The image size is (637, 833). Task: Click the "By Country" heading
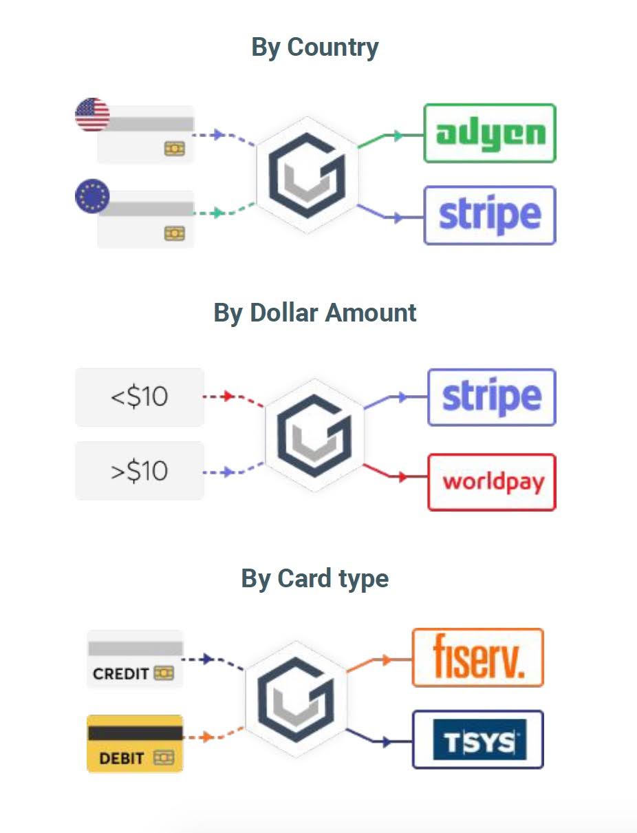click(x=315, y=48)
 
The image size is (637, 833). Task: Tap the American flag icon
click(x=92, y=114)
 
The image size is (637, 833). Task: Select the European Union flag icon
click(x=92, y=196)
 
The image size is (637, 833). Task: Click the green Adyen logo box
click(x=489, y=134)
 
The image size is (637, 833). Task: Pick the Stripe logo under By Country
click(x=489, y=215)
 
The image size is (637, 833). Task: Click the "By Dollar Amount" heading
click(x=315, y=313)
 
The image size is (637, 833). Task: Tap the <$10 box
click(x=139, y=397)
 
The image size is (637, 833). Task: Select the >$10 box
click(x=139, y=471)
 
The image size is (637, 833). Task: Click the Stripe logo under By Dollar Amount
click(x=491, y=397)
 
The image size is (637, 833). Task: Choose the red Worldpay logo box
click(x=491, y=482)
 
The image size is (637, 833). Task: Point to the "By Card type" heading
click(x=315, y=578)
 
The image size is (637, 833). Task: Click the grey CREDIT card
click(x=135, y=659)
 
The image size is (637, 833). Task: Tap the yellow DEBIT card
click(x=135, y=744)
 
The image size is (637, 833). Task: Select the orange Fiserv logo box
click(x=477, y=657)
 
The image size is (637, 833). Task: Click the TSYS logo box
click(x=477, y=740)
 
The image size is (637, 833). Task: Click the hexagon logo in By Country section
click(x=307, y=176)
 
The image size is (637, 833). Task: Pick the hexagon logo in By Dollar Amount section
click(x=314, y=436)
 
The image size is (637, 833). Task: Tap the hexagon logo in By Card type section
click(x=296, y=699)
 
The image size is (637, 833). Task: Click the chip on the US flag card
click(x=174, y=148)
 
